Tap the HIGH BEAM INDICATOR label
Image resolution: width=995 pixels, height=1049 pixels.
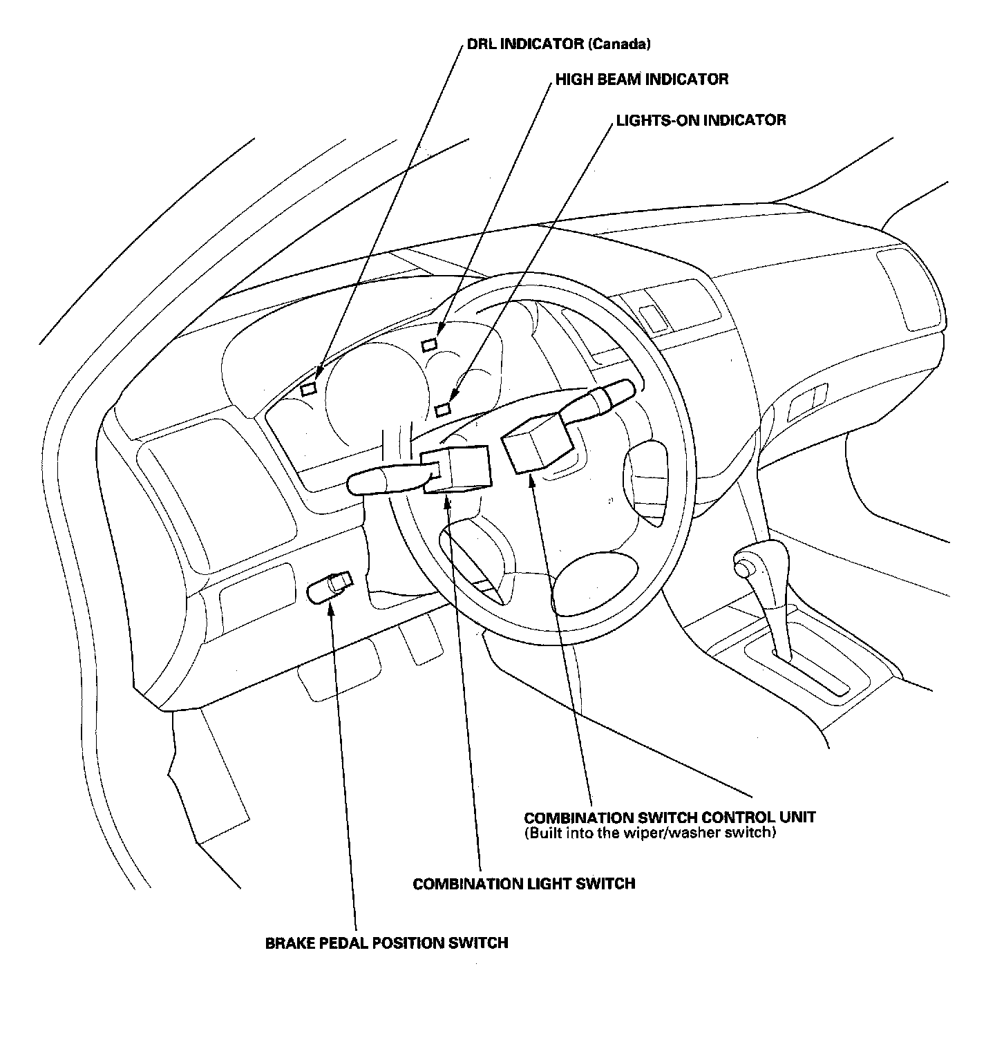(642, 79)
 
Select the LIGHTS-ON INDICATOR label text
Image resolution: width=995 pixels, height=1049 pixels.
(701, 120)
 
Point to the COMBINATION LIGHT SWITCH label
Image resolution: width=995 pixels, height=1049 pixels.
(524, 883)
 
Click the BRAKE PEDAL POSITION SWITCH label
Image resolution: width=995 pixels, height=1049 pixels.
(386, 943)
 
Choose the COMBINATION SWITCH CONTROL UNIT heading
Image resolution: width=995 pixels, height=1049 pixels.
(670, 817)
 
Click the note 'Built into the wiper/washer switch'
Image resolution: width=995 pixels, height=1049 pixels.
(650, 833)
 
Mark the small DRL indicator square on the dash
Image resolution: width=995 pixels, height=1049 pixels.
(309, 388)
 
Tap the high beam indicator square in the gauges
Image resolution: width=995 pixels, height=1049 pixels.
(430, 343)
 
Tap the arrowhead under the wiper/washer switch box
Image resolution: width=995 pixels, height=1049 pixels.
(533, 481)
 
